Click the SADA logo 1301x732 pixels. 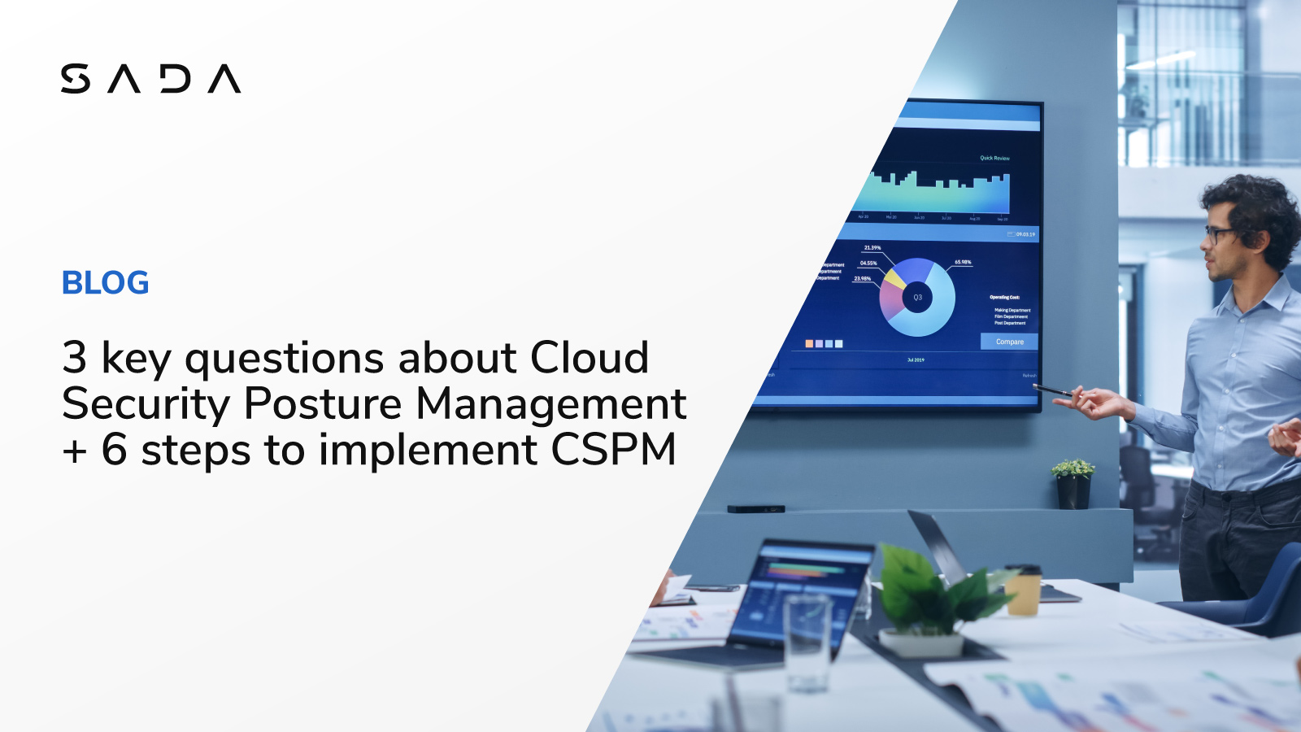150,79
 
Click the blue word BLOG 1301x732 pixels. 106,283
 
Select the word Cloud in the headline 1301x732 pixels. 590,358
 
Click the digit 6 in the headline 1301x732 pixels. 115,450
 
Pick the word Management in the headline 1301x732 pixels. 551,404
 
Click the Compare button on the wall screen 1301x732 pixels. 1009,342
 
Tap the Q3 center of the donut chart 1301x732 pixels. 917,298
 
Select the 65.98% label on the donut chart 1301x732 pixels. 963,262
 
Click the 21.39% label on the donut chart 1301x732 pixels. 872,247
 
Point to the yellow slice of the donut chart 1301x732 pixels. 894,279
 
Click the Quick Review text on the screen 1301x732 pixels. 994,158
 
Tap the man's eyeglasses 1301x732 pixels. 1217,234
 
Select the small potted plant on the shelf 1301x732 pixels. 1073,483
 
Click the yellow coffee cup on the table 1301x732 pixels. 1023,589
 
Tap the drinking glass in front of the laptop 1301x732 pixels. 807,643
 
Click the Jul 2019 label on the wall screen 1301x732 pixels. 916,359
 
